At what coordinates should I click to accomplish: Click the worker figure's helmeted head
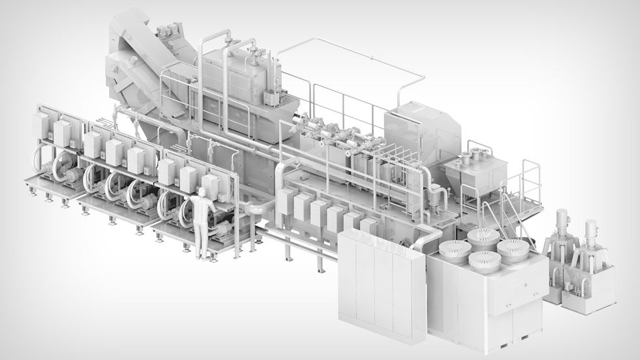pos(202,192)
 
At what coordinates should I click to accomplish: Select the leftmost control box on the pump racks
pos(41,124)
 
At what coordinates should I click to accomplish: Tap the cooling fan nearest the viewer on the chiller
pos(484,261)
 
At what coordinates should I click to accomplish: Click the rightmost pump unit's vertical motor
pos(592,235)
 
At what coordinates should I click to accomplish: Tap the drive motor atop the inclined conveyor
pos(168,29)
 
